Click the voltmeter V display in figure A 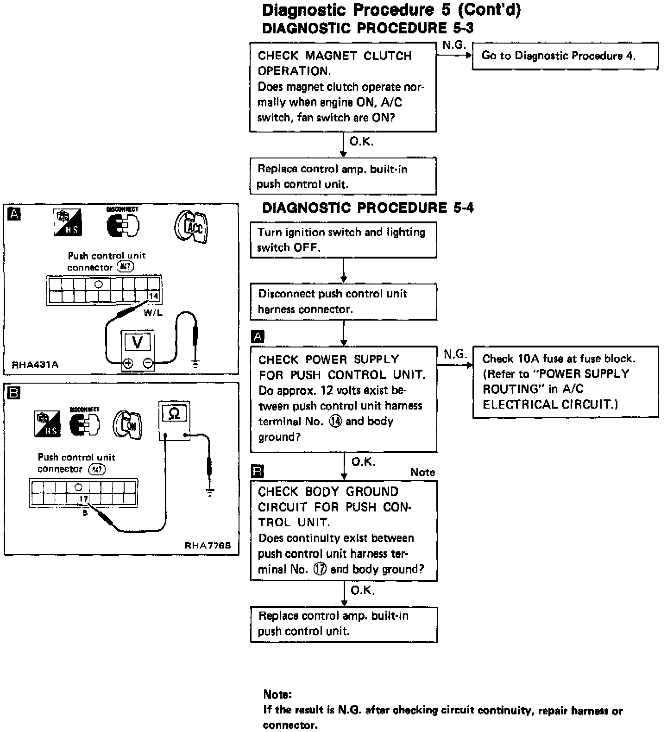coord(137,342)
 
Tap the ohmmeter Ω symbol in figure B coord(174,413)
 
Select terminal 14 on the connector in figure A coord(153,296)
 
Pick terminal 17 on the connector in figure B coord(83,499)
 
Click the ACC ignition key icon coord(191,227)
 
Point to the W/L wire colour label coord(153,313)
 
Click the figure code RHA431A coord(35,365)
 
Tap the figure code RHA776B coord(208,545)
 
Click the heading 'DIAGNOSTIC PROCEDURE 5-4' coord(368,208)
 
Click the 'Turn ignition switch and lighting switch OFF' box coord(343,240)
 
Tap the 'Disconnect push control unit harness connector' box coord(343,302)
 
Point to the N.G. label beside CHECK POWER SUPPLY coord(455,354)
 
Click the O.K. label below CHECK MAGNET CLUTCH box coord(361,142)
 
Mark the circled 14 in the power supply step coord(335,422)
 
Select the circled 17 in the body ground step coord(320,569)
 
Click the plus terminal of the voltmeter coord(128,364)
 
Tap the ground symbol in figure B coord(210,492)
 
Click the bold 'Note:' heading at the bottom coord(277,694)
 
